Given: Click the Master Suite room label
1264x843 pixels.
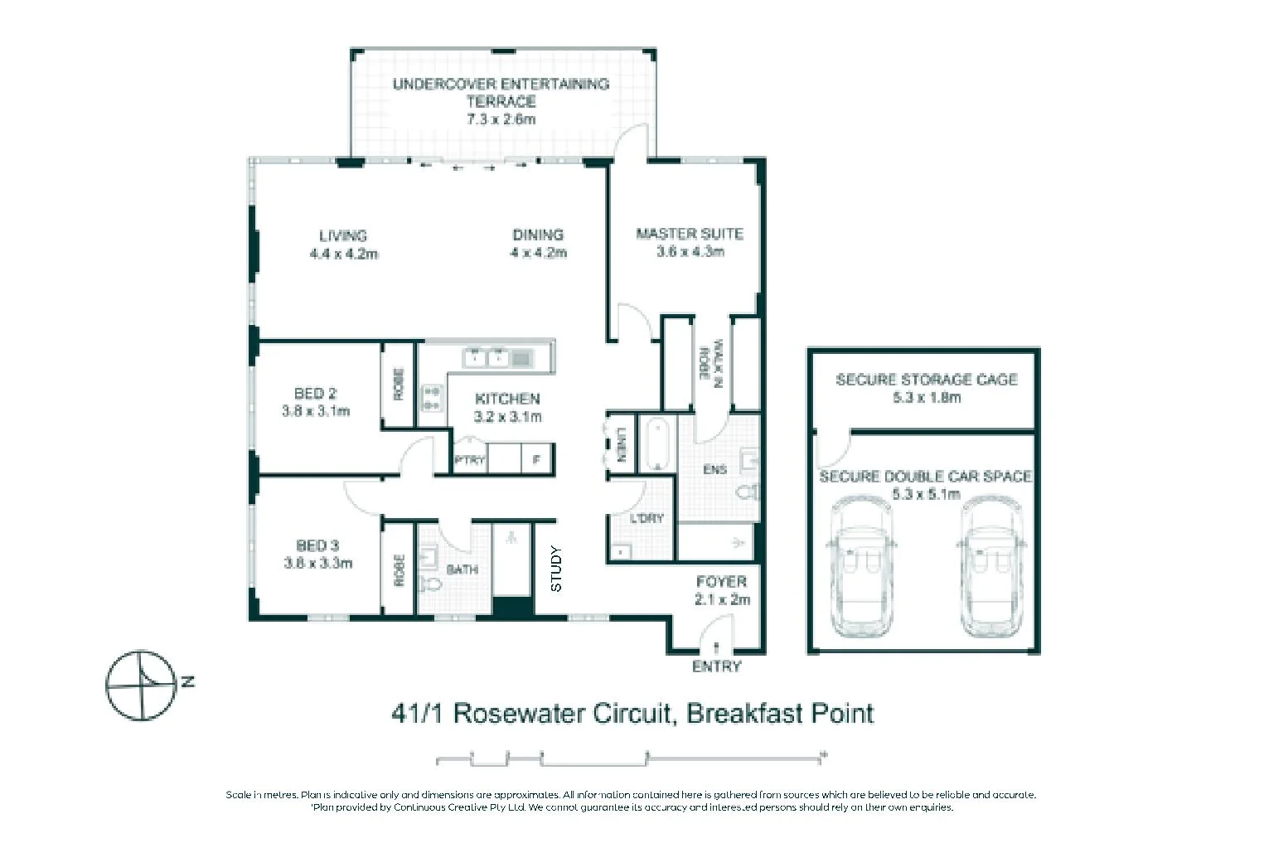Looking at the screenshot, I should pyautogui.click(x=689, y=234).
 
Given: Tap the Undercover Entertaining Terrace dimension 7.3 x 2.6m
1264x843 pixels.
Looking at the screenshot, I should pyautogui.click(x=501, y=119).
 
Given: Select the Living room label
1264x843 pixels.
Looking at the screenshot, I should pyautogui.click(x=343, y=235).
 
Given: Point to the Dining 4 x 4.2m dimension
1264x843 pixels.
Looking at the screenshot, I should pyautogui.click(x=538, y=253).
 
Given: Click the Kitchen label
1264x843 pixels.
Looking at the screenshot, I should pyautogui.click(x=507, y=399).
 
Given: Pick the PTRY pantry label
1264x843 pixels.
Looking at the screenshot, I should pyautogui.click(x=469, y=459).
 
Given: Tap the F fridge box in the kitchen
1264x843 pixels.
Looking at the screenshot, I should pyautogui.click(x=537, y=459).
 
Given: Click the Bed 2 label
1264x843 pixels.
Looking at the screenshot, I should pyautogui.click(x=315, y=394).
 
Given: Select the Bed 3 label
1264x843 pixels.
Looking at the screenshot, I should pyautogui.click(x=317, y=545).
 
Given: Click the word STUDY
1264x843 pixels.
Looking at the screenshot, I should pyautogui.click(x=556, y=569).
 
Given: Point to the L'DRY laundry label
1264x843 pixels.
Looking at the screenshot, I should pyautogui.click(x=647, y=518).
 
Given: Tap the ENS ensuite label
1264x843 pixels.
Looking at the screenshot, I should pyautogui.click(x=714, y=470).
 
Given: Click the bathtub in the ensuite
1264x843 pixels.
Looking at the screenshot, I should pyautogui.click(x=660, y=444).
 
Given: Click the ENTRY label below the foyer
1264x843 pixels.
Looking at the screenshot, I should pyautogui.click(x=716, y=666).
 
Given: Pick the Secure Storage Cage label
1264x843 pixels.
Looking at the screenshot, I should pyautogui.click(x=926, y=380).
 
